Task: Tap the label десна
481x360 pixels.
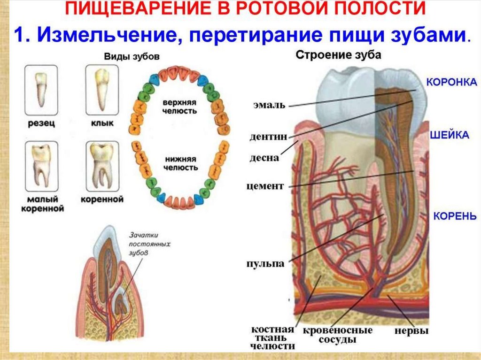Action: click(x=266, y=158)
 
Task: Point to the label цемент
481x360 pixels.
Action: click(x=265, y=186)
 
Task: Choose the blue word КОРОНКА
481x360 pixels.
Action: click(x=451, y=81)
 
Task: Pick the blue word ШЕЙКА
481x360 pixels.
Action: click(x=450, y=135)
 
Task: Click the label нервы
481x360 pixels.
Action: click(x=411, y=331)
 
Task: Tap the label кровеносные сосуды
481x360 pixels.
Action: click(x=337, y=335)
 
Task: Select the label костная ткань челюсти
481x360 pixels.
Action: click(x=273, y=337)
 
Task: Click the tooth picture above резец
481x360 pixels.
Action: click(x=41, y=90)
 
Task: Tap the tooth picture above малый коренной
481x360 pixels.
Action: click(x=41, y=166)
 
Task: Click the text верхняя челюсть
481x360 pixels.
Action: click(x=180, y=106)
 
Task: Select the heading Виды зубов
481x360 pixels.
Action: click(x=131, y=56)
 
